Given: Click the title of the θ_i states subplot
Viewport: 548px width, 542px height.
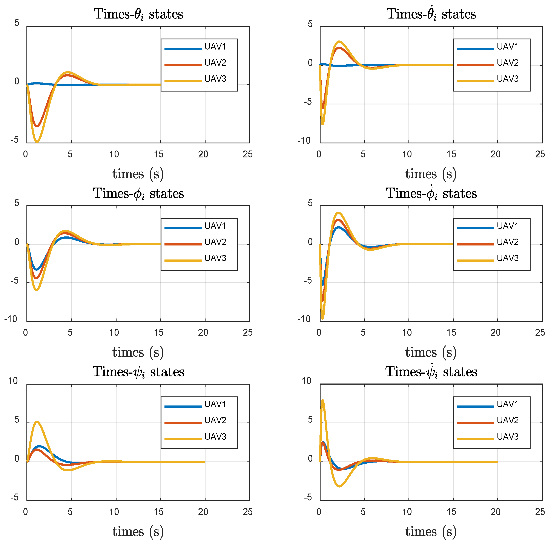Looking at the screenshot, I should tap(138, 14).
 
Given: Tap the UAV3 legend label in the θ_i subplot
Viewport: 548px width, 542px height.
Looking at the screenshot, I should tap(215, 79).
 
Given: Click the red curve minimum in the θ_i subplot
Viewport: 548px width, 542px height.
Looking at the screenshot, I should tap(37, 126).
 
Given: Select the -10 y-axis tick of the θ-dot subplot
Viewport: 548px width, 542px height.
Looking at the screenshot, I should tap(304, 140).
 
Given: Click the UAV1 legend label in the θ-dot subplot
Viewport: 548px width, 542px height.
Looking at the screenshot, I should tap(507, 46).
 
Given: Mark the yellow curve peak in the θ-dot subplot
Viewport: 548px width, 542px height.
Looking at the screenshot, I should tap(339, 42).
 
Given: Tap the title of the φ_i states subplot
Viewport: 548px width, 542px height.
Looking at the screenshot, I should tap(138, 193).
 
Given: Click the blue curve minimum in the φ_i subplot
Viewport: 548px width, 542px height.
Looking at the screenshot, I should tap(36, 269).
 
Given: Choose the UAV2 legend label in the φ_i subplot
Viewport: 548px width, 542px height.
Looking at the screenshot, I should tap(215, 242).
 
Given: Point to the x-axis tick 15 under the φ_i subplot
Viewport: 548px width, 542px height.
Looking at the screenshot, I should tap(159, 332).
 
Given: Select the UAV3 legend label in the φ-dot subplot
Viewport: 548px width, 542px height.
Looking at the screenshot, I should tap(507, 258).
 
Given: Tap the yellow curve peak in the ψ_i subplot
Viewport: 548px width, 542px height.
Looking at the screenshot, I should tap(37, 422).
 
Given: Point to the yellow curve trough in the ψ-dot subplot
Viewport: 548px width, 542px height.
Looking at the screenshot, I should tap(339, 486).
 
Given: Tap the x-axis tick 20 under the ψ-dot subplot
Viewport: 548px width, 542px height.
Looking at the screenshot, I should tap(496, 512).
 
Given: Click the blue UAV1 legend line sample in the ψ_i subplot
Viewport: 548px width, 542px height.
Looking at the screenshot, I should tap(183, 406).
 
